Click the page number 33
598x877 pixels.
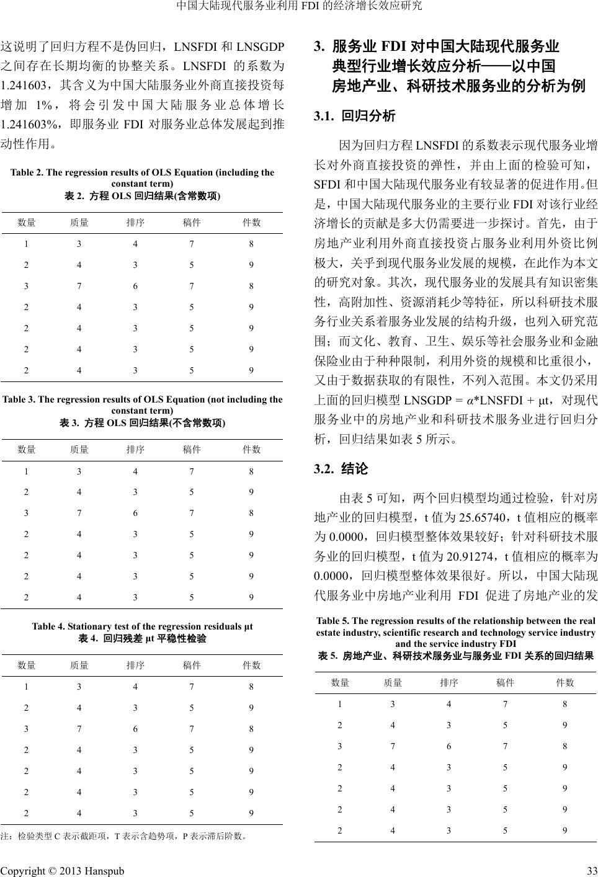591,870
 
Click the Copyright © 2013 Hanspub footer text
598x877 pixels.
62,870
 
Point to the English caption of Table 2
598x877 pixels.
143,177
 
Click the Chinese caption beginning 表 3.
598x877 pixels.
143,423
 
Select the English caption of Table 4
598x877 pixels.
143,626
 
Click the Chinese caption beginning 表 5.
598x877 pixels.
455,656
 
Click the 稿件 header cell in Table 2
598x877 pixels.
192,223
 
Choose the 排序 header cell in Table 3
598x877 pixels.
135,450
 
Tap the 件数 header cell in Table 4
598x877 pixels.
251,665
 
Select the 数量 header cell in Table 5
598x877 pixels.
340,683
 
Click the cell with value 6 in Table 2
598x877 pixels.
135,286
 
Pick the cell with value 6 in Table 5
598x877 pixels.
449,746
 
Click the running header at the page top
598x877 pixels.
299,7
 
